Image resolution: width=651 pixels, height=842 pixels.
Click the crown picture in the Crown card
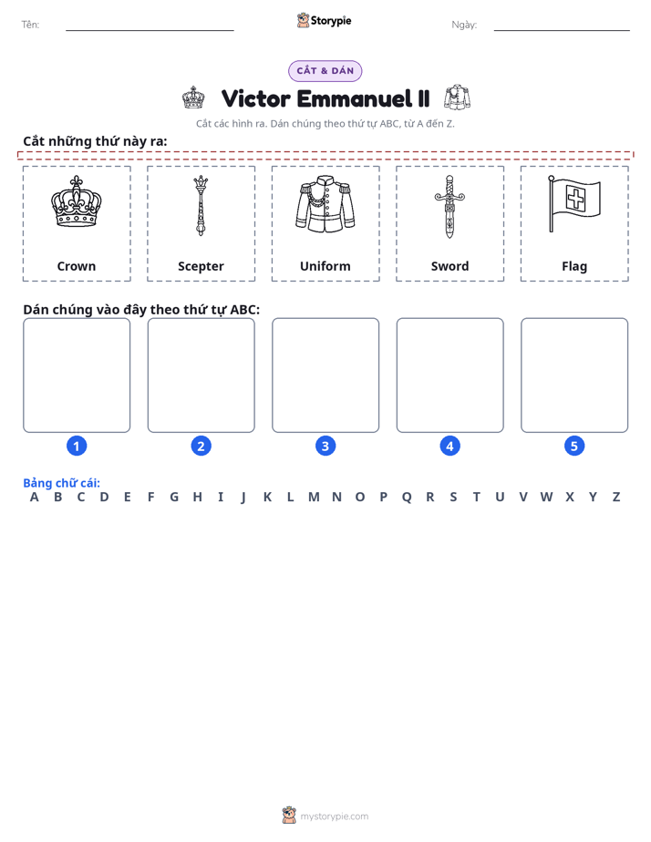pyautogui.click(x=77, y=201)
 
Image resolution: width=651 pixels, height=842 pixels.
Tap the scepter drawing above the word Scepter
pyautogui.click(x=201, y=205)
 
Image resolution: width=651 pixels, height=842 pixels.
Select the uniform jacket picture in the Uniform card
pyautogui.click(x=325, y=204)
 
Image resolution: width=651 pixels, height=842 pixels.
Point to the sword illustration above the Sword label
pyautogui.click(x=449, y=206)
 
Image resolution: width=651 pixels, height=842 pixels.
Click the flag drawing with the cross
pyautogui.click(x=574, y=204)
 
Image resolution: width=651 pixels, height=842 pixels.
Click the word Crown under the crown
pyautogui.click(x=77, y=266)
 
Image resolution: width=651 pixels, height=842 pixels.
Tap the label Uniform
pyautogui.click(x=325, y=266)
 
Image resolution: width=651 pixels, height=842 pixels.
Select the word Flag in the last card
pyautogui.click(x=574, y=267)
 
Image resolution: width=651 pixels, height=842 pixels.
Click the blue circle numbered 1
pyautogui.click(x=77, y=446)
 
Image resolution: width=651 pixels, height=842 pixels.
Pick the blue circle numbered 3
pyautogui.click(x=325, y=446)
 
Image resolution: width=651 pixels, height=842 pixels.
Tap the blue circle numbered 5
pyautogui.click(x=574, y=446)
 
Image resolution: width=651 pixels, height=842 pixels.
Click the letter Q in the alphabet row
pyautogui.click(x=407, y=498)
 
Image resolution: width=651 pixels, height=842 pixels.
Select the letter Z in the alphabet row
pyautogui.click(x=616, y=498)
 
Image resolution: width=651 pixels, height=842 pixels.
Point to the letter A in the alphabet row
pyautogui.click(x=35, y=498)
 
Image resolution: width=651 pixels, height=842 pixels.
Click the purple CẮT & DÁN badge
pyautogui.click(x=325, y=71)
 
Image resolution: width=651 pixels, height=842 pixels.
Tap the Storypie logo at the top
pyautogui.click(x=324, y=20)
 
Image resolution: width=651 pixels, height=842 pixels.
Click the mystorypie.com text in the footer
pyautogui.click(x=334, y=816)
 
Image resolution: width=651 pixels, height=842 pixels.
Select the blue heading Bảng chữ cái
pyautogui.click(x=61, y=483)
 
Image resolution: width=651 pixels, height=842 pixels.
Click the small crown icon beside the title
pyautogui.click(x=193, y=98)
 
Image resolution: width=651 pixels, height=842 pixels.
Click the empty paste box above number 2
pyautogui.click(x=201, y=375)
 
